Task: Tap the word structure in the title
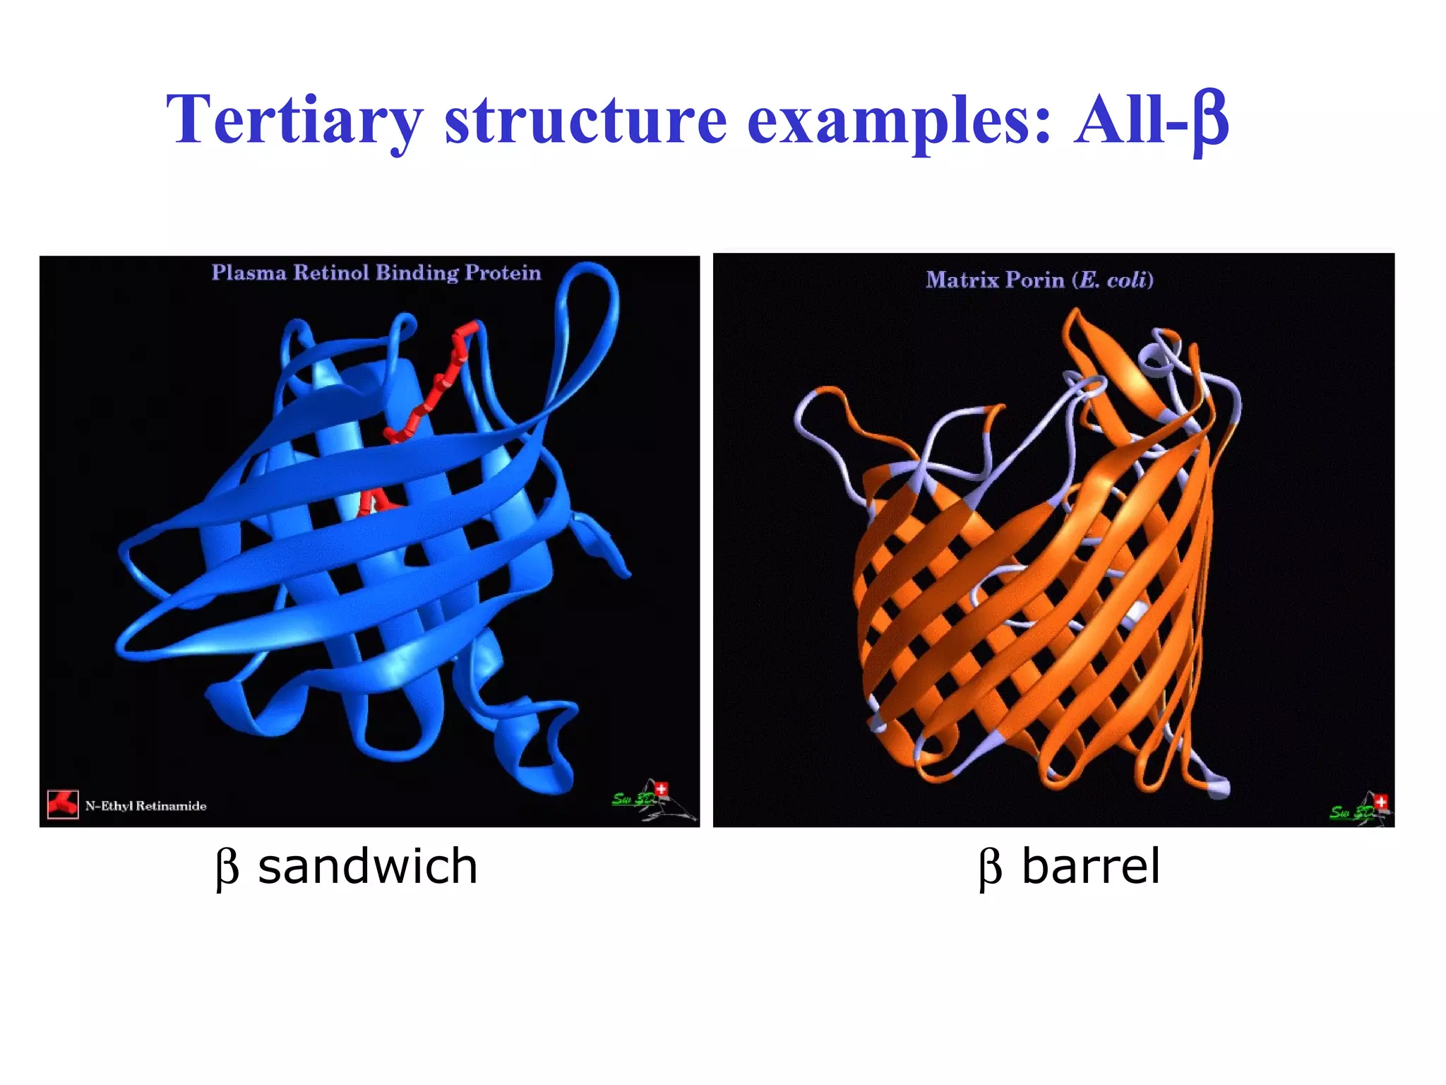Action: click(x=585, y=120)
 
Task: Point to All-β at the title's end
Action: click(x=1151, y=120)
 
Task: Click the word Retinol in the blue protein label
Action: click(x=330, y=273)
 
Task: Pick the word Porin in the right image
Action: click(x=1034, y=280)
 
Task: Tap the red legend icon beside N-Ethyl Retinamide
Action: click(x=63, y=804)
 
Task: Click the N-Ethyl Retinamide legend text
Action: click(x=146, y=806)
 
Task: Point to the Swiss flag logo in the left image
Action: click(x=661, y=789)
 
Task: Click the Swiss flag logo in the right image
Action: click(x=1381, y=802)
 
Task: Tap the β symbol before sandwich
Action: click(x=227, y=867)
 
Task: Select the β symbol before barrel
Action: click(x=990, y=867)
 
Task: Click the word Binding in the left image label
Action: click(x=417, y=273)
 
